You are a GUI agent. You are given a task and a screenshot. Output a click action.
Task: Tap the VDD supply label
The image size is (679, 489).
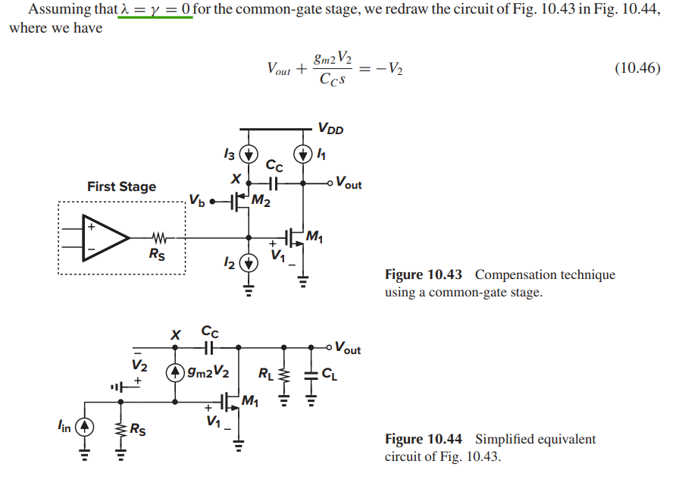330,129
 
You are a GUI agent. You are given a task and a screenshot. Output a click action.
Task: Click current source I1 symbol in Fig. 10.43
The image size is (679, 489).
303,154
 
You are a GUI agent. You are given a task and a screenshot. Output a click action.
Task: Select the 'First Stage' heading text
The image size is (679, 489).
121,187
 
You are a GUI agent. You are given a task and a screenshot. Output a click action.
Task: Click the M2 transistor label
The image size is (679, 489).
263,202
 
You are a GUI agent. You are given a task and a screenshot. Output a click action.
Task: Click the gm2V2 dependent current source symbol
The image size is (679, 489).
176,372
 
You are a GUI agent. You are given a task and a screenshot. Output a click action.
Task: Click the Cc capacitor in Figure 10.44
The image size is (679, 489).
209,348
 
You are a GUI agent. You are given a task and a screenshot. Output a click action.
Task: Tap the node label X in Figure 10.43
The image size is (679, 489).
236,180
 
